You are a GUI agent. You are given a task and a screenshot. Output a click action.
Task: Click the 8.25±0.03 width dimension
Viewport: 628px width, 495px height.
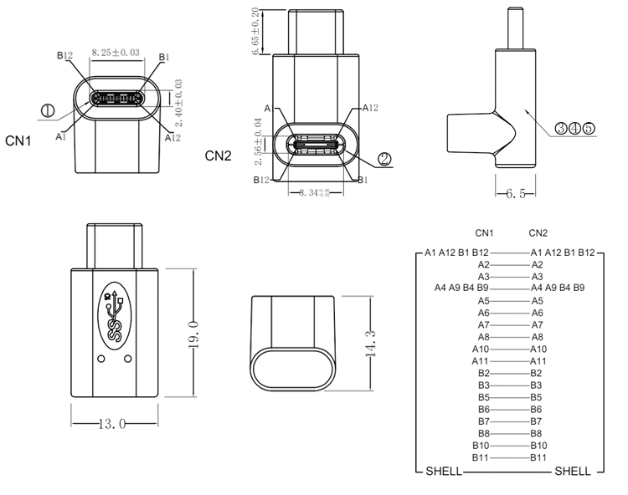[116, 52]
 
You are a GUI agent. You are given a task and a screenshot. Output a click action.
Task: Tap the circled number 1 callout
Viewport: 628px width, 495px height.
[47, 110]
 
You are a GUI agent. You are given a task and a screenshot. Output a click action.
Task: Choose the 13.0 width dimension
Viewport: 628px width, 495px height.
[112, 424]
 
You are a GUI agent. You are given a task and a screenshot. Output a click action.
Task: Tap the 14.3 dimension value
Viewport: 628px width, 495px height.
[369, 343]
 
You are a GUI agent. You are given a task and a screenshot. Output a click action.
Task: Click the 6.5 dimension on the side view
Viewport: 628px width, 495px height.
[516, 194]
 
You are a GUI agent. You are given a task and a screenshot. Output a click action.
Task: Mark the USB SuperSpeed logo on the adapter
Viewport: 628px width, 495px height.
[116, 317]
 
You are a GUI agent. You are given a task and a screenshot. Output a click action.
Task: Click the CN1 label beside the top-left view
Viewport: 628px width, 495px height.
[18, 141]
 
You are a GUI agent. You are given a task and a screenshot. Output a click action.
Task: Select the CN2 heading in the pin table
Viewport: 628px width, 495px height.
[538, 232]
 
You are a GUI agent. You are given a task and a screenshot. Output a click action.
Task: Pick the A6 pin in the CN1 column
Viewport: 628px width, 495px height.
[483, 312]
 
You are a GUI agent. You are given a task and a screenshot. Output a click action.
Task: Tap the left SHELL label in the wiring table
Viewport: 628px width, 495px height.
[443, 471]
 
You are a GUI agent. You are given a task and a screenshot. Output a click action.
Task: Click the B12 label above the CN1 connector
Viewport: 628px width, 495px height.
[65, 56]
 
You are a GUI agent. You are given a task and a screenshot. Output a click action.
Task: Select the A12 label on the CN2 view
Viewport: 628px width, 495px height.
[372, 108]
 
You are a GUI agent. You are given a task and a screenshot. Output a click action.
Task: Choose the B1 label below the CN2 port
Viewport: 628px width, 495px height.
[363, 180]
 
